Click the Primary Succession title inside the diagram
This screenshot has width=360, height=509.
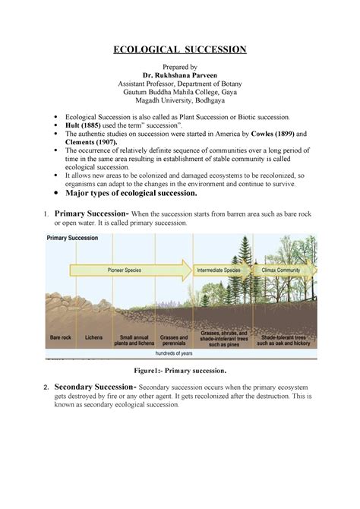click(x=73, y=238)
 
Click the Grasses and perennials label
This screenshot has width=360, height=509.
click(x=173, y=339)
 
